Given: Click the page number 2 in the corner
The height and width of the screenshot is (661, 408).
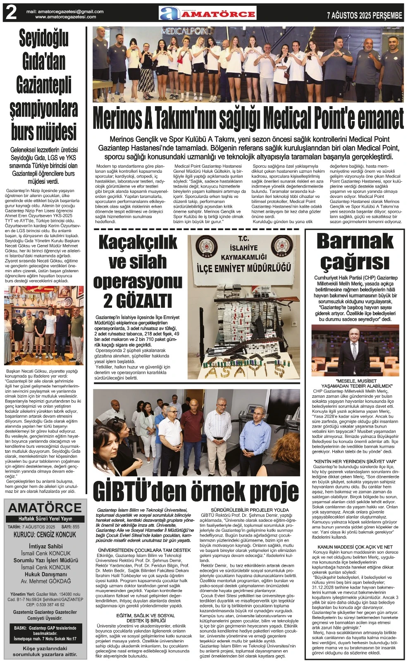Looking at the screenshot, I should [11, 13].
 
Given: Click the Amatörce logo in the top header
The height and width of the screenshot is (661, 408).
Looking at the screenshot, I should [207, 14].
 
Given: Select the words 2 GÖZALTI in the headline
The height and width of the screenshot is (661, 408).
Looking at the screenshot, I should [137, 300].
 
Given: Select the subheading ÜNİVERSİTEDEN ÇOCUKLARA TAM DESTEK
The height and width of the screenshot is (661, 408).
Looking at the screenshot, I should [144, 550].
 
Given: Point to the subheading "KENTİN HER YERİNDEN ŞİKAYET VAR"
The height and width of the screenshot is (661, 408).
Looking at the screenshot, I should [355, 461].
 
